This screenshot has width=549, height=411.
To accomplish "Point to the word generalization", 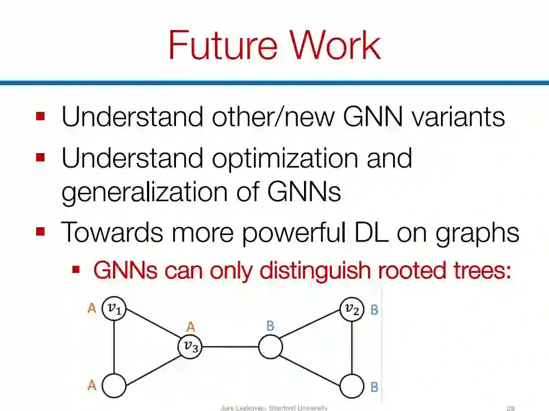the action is [x=154, y=192].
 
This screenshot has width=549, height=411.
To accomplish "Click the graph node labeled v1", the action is [x=114, y=309].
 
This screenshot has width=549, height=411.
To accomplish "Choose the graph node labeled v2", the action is [x=352, y=309].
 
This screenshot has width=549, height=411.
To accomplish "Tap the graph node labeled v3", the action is [x=190, y=347].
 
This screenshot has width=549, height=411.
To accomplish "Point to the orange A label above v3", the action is [x=190, y=327].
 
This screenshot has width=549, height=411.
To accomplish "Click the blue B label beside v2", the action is [x=374, y=309].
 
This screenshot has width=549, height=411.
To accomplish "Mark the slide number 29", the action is [x=511, y=408].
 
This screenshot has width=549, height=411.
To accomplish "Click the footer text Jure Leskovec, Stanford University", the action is [x=274, y=408].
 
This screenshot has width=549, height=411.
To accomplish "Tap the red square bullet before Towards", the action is [x=40, y=230].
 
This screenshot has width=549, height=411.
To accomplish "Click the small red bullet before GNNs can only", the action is [x=77, y=270].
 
